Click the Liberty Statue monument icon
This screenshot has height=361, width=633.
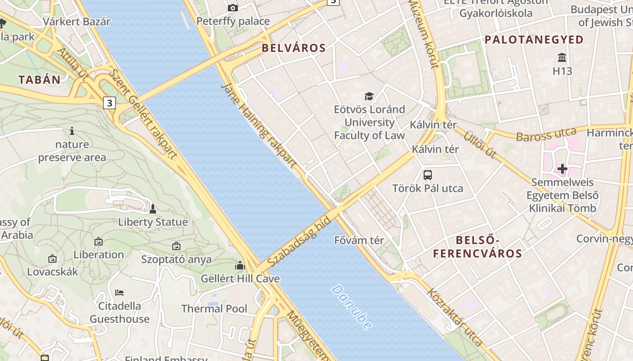(x=153, y=209)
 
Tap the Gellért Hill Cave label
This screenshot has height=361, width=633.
(x=240, y=278)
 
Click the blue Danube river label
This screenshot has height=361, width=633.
(x=352, y=307)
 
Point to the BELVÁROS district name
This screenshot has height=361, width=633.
(x=294, y=48)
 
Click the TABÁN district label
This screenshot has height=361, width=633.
(x=39, y=80)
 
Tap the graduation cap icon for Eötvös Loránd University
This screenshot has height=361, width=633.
(x=369, y=96)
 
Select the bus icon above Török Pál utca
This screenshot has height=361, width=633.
(x=427, y=175)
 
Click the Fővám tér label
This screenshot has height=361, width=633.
(x=359, y=240)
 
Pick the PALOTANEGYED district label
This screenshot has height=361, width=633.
(x=534, y=40)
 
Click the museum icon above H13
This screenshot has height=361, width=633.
(x=562, y=58)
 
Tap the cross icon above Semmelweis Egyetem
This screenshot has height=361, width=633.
(x=562, y=169)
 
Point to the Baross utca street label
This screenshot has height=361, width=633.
(x=546, y=134)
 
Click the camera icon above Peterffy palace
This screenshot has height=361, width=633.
(x=233, y=8)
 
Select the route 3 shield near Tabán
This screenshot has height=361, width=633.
(x=109, y=103)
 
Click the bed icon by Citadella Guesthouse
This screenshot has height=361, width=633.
(x=119, y=293)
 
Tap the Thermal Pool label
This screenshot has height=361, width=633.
(x=214, y=309)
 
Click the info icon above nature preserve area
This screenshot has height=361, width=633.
(x=71, y=131)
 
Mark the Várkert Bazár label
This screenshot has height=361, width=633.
(x=77, y=22)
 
